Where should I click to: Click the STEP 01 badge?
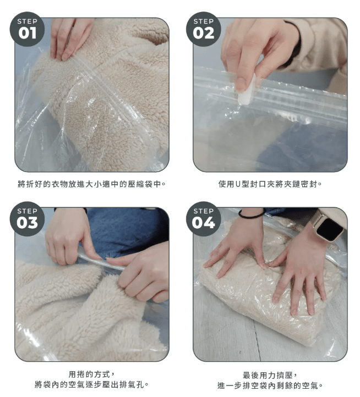click(x=27, y=29)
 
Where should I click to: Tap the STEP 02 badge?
click(x=204, y=29)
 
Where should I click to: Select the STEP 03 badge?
click(x=27, y=219)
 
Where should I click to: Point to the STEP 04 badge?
click(x=204, y=219)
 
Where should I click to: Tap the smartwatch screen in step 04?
click(x=330, y=230)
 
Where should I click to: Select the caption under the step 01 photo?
click(x=92, y=184)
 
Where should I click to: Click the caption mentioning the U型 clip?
click(x=270, y=184)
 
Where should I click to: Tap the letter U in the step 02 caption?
click(x=238, y=184)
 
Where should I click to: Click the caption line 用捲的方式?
click(x=92, y=374)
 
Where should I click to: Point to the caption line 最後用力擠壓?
click(x=270, y=375)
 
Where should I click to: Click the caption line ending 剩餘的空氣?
click(x=270, y=385)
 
